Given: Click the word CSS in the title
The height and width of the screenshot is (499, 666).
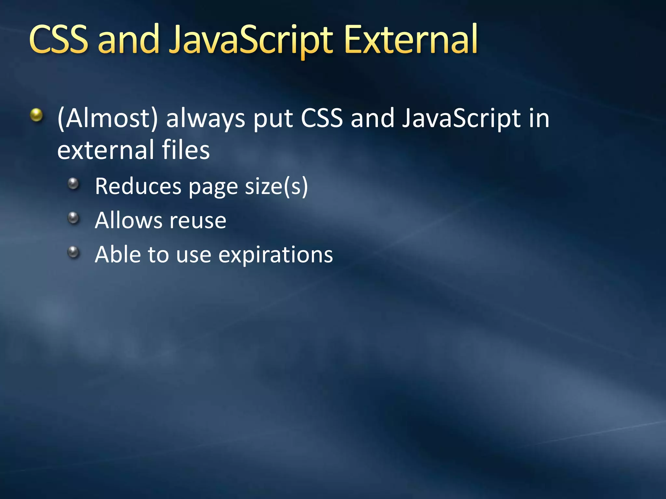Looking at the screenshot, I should coord(59,40).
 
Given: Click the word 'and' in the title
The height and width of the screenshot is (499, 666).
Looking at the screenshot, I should coord(128,40).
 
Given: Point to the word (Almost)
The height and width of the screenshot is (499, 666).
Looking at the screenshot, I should coord(108,118).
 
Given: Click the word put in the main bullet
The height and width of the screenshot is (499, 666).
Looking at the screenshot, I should coord(273,119).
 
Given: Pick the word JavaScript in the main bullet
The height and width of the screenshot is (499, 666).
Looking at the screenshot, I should coord(461,118).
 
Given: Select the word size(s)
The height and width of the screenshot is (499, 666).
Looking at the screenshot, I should coord(276,187).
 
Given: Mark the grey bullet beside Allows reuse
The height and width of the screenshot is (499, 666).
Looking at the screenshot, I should coord(74,218).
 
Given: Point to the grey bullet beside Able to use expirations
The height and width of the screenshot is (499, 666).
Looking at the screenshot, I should coord(74,252).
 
